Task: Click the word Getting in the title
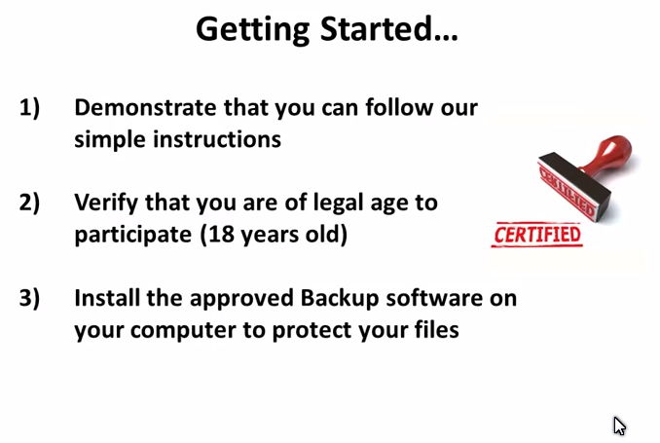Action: tap(252, 30)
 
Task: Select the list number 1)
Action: tap(29, 108)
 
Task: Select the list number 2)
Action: tap(29, 203)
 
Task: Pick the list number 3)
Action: tap(29, 299)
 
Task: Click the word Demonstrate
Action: tap(145, 107)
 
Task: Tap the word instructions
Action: tap(217, 139)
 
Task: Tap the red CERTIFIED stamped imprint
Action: tap(537, 235)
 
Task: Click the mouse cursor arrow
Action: tap(619, 425)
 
